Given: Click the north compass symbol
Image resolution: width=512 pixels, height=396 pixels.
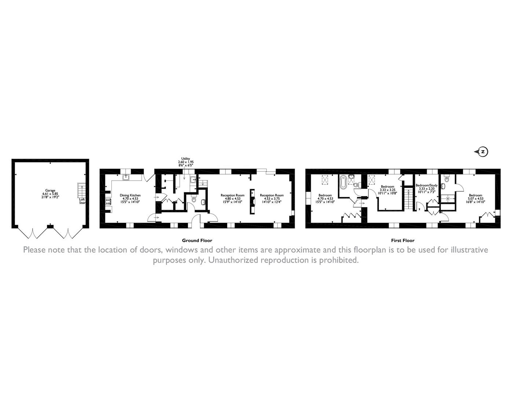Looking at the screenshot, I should click(x=483, y=151).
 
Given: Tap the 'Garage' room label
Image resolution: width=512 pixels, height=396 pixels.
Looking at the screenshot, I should click(x=50, y=191).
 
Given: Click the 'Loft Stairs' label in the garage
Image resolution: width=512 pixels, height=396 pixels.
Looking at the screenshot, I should click(x=82, y=201).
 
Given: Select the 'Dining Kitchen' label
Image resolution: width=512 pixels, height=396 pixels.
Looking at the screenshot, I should click(x=130, y=195).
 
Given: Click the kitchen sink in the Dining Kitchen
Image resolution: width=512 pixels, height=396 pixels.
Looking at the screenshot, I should click(x=126, y=177).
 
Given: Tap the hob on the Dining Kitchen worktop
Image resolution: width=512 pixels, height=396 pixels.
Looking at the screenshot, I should click(x=108, y=201).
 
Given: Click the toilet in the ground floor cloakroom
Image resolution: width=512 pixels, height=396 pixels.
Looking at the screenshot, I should click(x=194, y=200).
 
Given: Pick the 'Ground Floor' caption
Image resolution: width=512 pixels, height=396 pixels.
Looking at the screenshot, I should click(x=197, y=241).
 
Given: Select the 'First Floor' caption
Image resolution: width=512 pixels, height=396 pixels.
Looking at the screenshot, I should click(x=402, y=241).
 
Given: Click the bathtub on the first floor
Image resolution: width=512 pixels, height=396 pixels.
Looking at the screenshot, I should click(x=343, y=182).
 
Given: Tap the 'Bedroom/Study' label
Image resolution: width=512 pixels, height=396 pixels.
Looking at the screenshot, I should click(x=427, y=186).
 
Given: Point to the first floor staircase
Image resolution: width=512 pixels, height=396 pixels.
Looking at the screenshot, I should click(x=408, y=198).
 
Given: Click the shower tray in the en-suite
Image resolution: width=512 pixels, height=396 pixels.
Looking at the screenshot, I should click(x=447, y=198).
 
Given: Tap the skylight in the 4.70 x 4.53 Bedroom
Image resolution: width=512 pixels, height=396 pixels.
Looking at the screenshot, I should click(x=325, y=180).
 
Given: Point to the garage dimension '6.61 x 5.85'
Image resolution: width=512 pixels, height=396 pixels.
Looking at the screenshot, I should click(x=50, y=194).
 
